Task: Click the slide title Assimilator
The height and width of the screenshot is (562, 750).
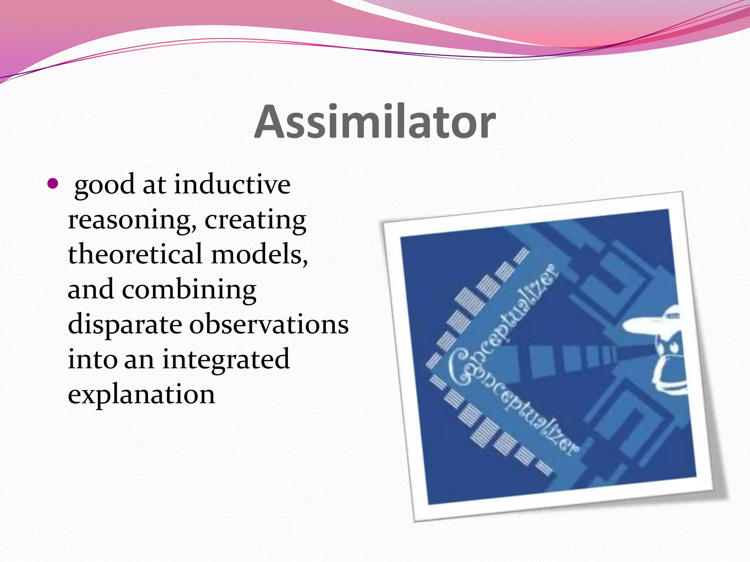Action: coord(375,122)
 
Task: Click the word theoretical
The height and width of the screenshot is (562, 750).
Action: coord(135,254)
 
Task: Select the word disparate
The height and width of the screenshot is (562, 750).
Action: coord(125,325)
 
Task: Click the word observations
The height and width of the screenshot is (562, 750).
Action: coord(268,324)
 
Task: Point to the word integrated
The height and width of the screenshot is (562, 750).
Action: coord(226,359)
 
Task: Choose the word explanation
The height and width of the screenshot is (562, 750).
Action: coord(141,394)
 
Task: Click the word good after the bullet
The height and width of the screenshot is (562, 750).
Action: coord(104,185)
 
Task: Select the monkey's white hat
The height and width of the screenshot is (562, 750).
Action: coord(652,322)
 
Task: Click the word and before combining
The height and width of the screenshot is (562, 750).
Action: coord(90,289)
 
